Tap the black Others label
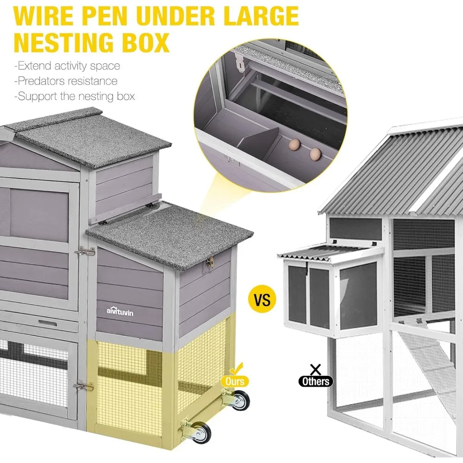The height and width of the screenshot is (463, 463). point(316,381)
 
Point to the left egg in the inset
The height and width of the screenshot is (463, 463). point(294,145)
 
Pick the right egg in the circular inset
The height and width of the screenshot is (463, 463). point(315,153)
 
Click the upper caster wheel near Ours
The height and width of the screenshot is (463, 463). point(239,399)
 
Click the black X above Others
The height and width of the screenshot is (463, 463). point(316,369)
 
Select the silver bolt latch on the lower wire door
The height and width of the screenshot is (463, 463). point(83,386)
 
